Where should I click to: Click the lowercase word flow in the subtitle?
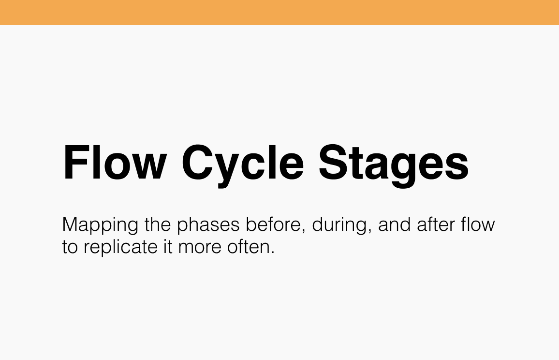(x=478, y=225)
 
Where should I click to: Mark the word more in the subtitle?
(x=199, y=247)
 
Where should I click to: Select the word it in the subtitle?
(x=166, y=247)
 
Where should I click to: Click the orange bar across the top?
(x=279, y=12)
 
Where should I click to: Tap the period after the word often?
(x=272, y=253)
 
